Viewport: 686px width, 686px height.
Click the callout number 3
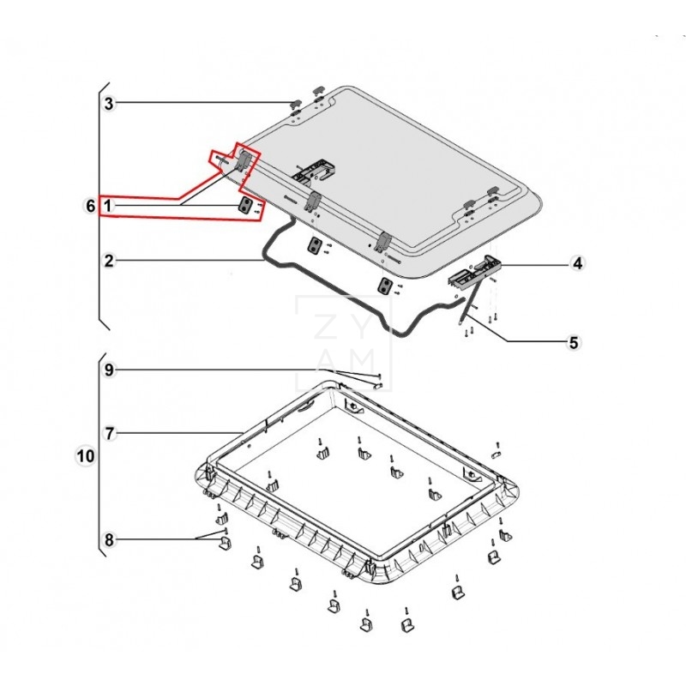[109, 104]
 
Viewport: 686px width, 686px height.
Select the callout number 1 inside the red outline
[108, 206]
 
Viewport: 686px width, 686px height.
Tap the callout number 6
[91, 206]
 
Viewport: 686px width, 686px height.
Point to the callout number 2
[109, 261]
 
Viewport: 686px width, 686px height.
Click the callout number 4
[578, 263]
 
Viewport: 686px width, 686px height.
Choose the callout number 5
[574, 342]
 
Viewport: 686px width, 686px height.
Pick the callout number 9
[109, 370]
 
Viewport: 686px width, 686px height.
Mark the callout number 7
[109, 434]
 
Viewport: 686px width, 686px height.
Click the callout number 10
[86, 456]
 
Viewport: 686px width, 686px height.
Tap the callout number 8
[109, 540]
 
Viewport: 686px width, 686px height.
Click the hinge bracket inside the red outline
[244, 159]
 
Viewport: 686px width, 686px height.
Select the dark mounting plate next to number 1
[246, 205]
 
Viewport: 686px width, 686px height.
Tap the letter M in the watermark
[361, 361]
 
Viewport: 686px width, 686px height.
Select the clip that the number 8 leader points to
[225, 544]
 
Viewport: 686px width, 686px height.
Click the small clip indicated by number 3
[296, 104]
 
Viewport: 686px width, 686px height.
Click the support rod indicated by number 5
[471, 302]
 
